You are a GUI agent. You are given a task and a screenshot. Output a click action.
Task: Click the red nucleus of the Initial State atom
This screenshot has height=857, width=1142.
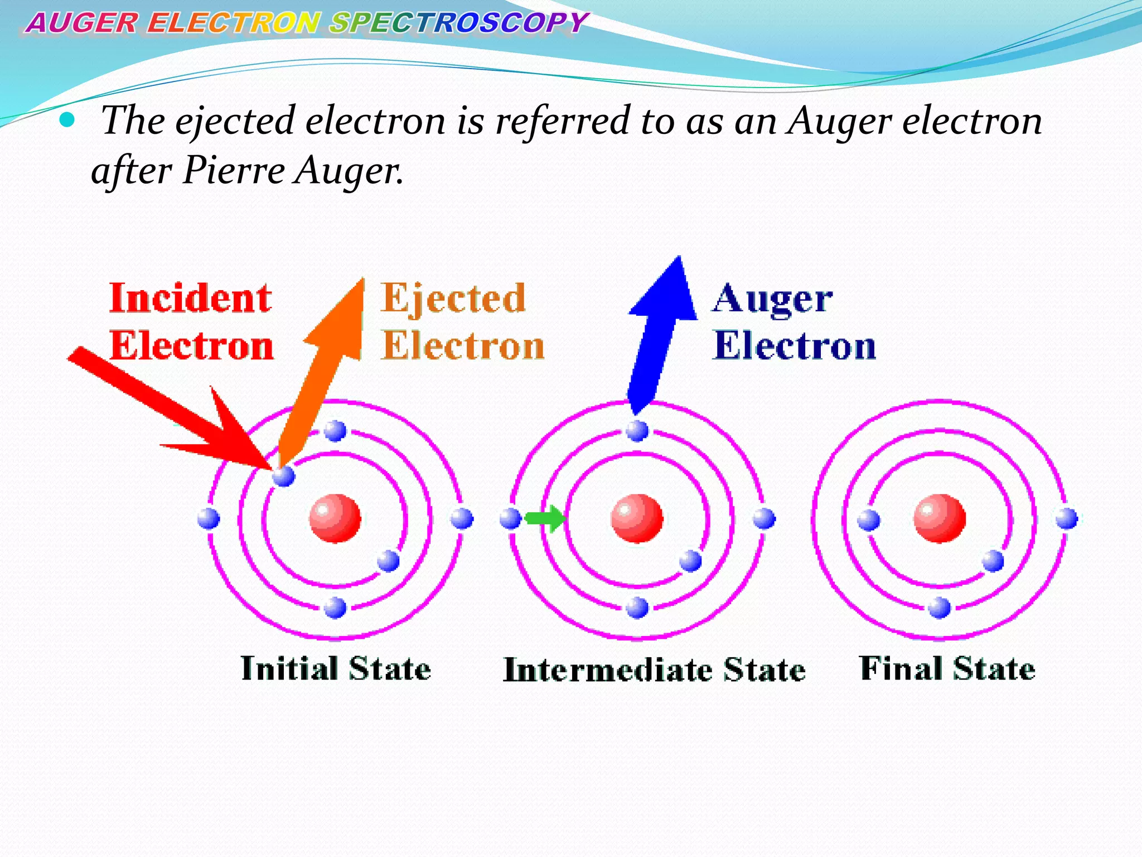pyautogui.click(x=335, y=518)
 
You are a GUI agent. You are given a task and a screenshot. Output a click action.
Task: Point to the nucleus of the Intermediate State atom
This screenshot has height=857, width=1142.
pyautogui.click(x=637, y=518)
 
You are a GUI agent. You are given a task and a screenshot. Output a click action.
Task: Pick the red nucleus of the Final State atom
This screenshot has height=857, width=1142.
pyautogui.click(x=940, y=518)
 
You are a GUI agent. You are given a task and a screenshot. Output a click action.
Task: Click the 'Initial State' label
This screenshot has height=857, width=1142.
pyautogui.click(x=336, y=668)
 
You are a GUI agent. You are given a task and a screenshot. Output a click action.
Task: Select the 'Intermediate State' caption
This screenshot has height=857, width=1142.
pyautogui.click(x=654, y=670)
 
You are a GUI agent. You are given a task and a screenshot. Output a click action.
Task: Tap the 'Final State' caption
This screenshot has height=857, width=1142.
pyautogui.click(x=947, y=668)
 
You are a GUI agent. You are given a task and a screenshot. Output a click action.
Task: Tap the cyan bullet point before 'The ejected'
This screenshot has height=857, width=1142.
pyautogui.click(x=66, y=119)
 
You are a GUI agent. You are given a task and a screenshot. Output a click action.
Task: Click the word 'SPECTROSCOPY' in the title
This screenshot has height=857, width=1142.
pyautogui.click(x=457, y=23)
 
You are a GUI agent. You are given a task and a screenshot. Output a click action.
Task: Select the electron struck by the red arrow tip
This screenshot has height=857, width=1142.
pyautogui.click(x=283, y=476)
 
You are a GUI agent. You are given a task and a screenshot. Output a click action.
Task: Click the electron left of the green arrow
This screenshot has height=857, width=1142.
pyautogui.click(x=510, y=518)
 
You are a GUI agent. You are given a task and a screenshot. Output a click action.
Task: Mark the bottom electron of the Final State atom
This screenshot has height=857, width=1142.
pyautogui.click(x=940, y=607)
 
